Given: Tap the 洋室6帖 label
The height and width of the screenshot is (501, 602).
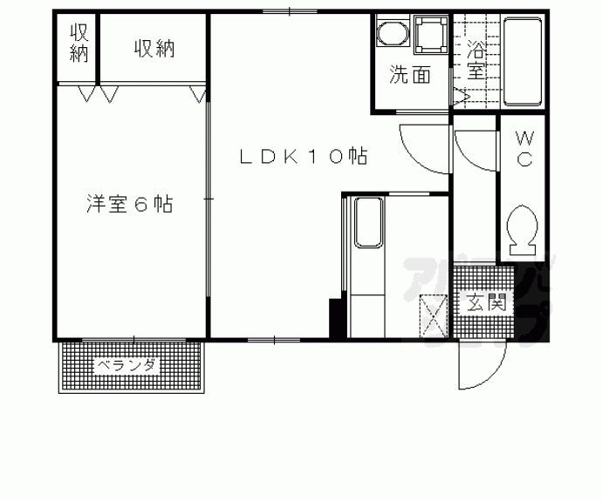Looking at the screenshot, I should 128,205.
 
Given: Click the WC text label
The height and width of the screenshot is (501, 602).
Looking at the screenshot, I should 525,148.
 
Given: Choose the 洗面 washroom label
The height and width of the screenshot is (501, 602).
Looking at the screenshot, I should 409,76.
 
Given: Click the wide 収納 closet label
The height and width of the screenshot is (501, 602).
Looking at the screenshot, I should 154,49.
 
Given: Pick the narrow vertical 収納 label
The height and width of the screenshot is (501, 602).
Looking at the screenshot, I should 79,43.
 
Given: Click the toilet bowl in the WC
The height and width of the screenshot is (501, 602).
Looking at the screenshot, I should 523,228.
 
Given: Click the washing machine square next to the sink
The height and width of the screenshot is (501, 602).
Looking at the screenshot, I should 430,36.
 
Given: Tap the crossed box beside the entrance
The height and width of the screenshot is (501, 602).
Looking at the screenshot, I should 434,316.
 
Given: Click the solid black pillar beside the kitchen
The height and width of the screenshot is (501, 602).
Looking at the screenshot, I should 336,318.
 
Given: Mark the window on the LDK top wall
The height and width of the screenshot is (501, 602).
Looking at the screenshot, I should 289,11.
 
